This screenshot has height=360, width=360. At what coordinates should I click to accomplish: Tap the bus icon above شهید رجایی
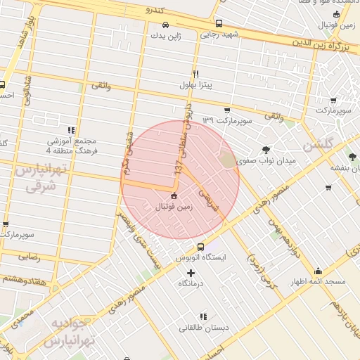218,23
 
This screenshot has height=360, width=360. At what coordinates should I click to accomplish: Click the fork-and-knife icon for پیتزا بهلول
196,73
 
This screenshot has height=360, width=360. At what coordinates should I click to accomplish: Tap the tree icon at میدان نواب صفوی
266,150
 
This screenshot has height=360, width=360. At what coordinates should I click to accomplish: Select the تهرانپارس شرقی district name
40,177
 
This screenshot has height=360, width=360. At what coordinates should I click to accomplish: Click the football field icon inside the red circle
174,195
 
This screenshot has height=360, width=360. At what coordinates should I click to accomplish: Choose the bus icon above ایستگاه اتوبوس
201,247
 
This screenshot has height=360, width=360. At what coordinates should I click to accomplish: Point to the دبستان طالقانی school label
202,327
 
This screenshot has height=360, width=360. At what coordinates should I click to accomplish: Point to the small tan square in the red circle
227,160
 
